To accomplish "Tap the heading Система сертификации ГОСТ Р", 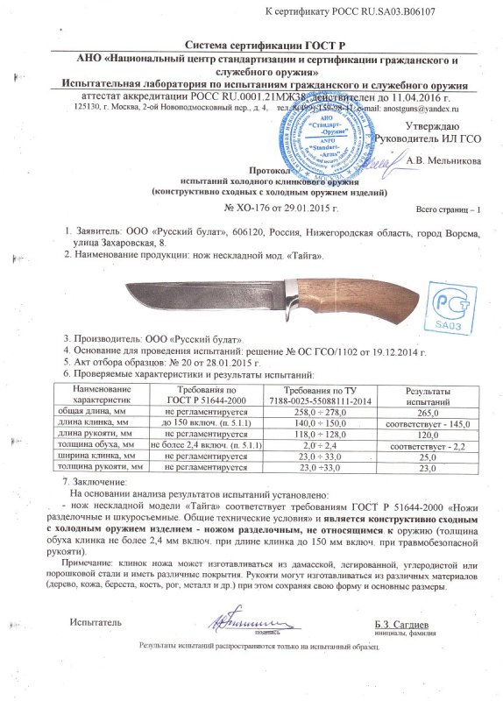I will coord(251,45).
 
